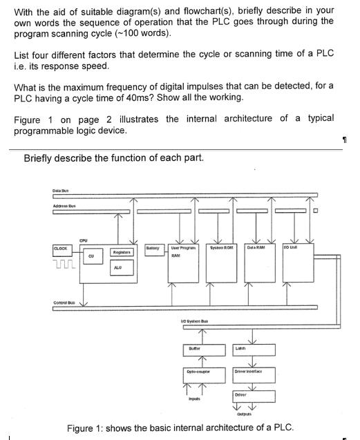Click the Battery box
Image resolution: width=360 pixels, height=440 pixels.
[153, 248]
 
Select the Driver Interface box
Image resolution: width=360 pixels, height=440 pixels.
[255, 374]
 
